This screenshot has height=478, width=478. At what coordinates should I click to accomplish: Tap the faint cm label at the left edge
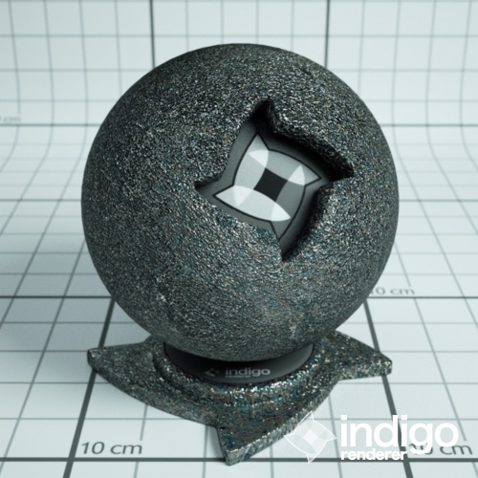click(8, 119)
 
